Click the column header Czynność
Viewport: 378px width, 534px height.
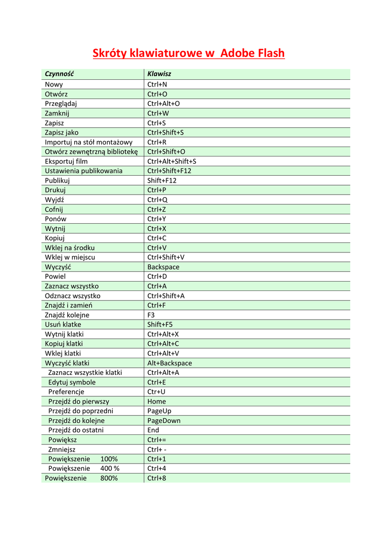[x=59, y=74]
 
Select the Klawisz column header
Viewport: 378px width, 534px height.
[x=159, y=74]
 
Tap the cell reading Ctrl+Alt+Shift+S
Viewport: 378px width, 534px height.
[x=172, y=161]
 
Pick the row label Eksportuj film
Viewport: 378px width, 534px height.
[x=66, y=161]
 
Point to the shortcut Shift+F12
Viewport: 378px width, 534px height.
[x=162, y=180]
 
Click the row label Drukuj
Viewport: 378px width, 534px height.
[x=55, y=190]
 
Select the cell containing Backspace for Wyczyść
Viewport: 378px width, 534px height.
[x=163, y=267]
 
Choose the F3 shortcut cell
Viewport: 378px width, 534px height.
[x=151, y=315]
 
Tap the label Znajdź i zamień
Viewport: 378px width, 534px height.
[x=68, y=305]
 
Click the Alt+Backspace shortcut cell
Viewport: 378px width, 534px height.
[x=170, y=363]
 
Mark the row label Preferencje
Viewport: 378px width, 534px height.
[x=66, y=392]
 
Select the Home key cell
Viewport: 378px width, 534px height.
[x=157, y=402]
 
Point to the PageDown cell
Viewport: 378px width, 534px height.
[x=164, y=420]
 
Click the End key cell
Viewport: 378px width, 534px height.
[x=153, y=430]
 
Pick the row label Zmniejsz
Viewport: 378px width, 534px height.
[x=62, y=450]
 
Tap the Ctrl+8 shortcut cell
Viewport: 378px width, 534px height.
[x=157, y=478]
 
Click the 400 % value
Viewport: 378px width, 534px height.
[x=110, y=468]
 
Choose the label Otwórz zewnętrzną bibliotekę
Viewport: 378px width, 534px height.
[x=91, y=152]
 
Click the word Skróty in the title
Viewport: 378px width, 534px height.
[x=109, y=53]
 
